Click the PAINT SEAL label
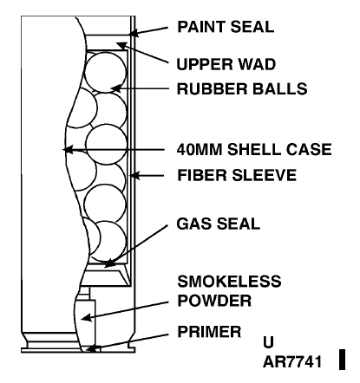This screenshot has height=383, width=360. [226, 27]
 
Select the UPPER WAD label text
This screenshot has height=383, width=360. [226, 64]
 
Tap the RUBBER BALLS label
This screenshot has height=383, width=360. [242, 88]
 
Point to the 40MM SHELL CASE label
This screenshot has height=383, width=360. [254, 149]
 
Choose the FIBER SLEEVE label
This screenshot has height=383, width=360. [237, 175]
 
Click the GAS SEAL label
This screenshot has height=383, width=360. [219, 224]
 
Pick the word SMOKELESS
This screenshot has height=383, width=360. [229, 281]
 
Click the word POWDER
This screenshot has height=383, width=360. [214, 301]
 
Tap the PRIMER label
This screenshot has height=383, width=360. [209, 332]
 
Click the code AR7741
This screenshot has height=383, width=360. [292, 361]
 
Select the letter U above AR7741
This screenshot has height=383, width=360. [268, 342]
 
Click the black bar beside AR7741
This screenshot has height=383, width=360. [342, 360]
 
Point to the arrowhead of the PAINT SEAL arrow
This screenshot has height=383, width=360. [134, 33]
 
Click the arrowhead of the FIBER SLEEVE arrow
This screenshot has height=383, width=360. [134, 175]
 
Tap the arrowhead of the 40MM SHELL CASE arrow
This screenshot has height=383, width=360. [68, 149]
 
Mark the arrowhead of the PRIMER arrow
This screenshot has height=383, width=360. [91, 348]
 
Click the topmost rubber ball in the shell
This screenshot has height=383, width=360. [106, 72]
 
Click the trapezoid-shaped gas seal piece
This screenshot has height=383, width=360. [105, 278]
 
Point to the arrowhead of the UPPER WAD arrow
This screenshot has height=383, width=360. [121, 46]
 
